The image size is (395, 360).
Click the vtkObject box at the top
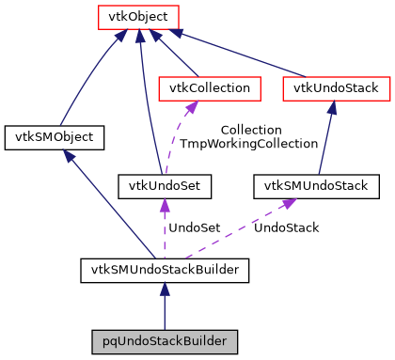[x=138, y=17]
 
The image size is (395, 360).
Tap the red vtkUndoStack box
[x=336, y=87]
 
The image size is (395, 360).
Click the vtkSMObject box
[x=54, y=137]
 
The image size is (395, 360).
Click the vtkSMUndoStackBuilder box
[x=166, y=272]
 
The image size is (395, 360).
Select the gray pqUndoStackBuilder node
[x=166, y=338]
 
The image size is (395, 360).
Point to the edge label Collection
[x=250, y=130]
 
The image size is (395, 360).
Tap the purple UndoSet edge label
[x=194, y=227]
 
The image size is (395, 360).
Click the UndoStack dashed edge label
[x=287, y=227]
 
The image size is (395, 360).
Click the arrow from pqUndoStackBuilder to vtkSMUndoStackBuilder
[x=166, y=305]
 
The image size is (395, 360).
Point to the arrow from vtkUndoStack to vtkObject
[x=245, y=55]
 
